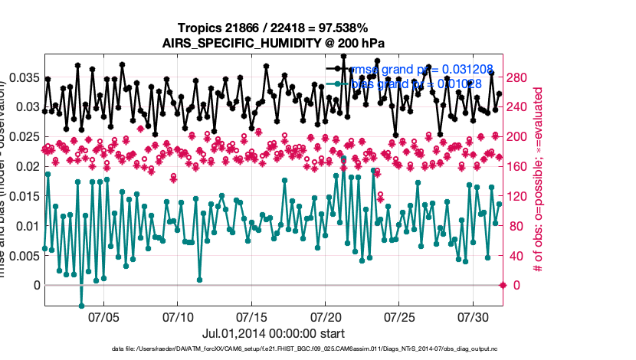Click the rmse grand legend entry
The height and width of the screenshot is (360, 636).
tap(406, 70)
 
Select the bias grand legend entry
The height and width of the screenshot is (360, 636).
tap(406, 83)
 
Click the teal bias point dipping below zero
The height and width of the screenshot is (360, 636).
tap(81, 306)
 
